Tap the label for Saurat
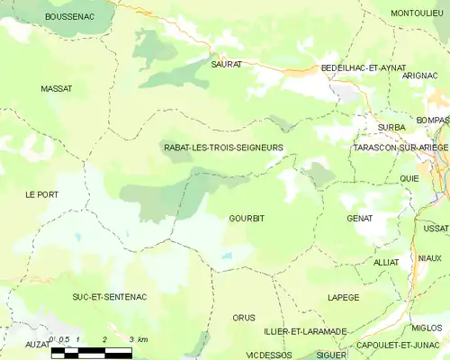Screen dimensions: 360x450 pyautogui.click(x=227, y=65)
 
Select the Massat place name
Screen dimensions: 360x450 pyautogui.click(x=57, y=88)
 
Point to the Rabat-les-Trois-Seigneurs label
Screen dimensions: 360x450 pyautogui.click(x=223, y=147)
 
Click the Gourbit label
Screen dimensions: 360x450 pyautogui.click(x=247, y=219)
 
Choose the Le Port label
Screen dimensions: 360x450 pyautogui.click(x=41, y=194)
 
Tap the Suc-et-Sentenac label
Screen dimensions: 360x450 pyautogui.click(x=110, y=296)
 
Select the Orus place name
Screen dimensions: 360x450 pyautogui.click(x=244, y=318)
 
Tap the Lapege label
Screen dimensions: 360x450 pyautogui.click(x=344, y=297)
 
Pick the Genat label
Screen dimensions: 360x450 pyautogui.click(x=360, y=219)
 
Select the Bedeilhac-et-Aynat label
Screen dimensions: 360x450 pyautogui.click(x=364, y=68)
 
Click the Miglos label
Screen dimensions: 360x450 pyautogui.click(x=426, y=328)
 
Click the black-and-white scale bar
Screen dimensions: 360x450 pyautogui.click(x=91, y=351)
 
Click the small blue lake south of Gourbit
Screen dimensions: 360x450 pyautogui.click(x=226, y=256)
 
